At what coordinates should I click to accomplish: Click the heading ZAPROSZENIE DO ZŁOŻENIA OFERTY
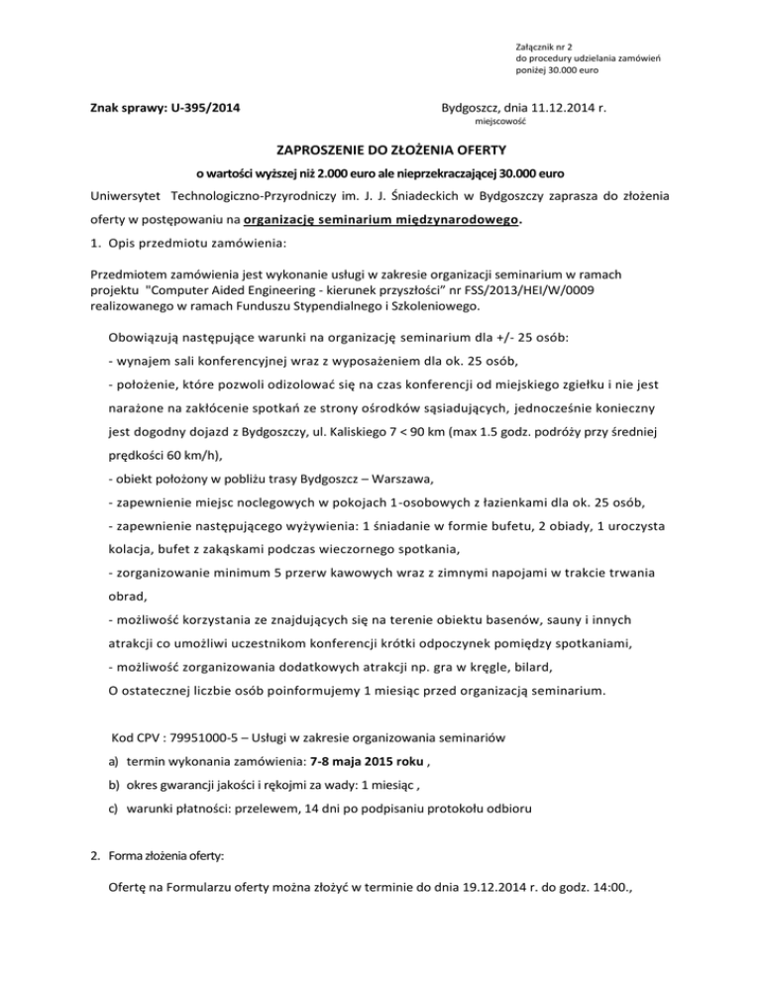click(x=380, y=153)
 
